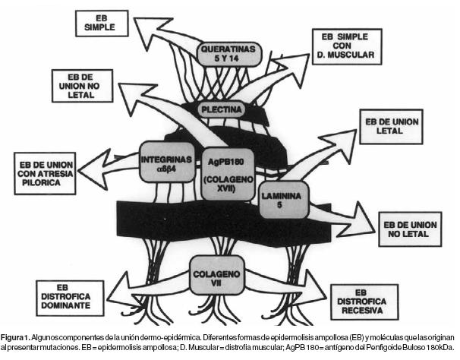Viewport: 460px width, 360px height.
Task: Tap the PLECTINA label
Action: [x=221, y=110]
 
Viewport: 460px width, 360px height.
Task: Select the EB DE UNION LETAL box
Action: [x=389, y=128]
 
